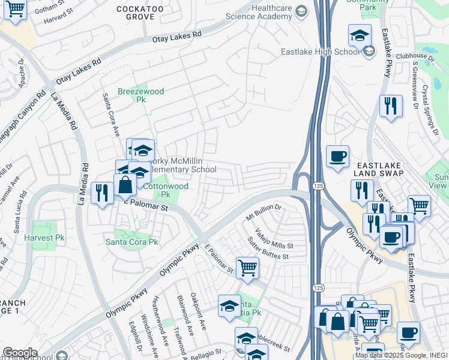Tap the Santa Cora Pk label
(131, 242)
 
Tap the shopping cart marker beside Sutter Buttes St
(247, 267)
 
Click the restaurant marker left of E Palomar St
(101, 193)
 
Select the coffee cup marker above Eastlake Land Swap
(337, 157)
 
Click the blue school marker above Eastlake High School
(360, 35)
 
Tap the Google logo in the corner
(20, 353)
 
